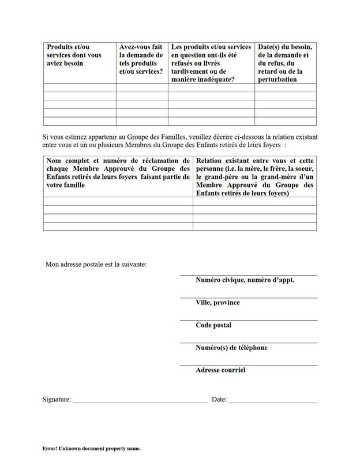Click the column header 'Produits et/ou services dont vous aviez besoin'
(x=74, y=55)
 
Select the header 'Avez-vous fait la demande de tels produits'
(x=141, y=59)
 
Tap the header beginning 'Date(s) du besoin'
(x=285, y=63)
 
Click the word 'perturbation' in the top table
(x=277, y=80)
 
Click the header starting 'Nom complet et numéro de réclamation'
(x=118, y=172)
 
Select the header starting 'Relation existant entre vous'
(x=254, y=176)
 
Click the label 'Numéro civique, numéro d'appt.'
(x=245, y=280)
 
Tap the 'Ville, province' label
(x=217, y=302)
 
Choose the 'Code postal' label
(x=213, y=325)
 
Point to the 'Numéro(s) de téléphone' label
(x=231, y=347)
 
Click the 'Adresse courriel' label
(x=220, y=370)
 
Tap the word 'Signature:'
(x=57, y=399)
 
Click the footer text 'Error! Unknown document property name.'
(x=91, y=448)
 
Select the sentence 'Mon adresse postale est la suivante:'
(x=96, y=265)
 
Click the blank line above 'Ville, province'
(x=248, y=298)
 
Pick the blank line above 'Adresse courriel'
(x=248, y=365)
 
